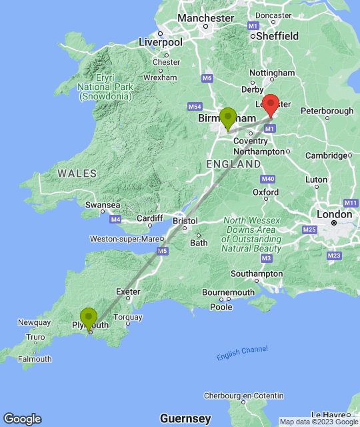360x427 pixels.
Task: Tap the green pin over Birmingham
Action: tap(228, 118)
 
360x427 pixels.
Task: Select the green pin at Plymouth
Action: tap(89, 318)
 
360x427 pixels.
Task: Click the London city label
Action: tap(334, 214)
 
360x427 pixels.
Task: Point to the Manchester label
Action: tap(205, 18)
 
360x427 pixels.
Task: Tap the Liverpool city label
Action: tap(160, 42)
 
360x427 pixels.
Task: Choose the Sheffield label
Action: tap(277, 36)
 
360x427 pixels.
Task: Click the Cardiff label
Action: tap(149, 218)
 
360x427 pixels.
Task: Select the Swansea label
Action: tap(103, 205)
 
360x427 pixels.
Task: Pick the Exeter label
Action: tap(128, 292)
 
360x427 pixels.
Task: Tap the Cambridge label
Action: tap(327, 155)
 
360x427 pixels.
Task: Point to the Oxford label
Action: tap(265, 192)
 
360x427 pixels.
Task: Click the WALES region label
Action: tap(77, 173)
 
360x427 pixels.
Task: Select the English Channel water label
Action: tap(242, 353)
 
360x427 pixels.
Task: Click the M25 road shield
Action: tap(309, 230)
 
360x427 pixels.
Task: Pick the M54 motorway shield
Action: tap(195, 107)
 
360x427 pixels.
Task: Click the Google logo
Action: tap(22, 419)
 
